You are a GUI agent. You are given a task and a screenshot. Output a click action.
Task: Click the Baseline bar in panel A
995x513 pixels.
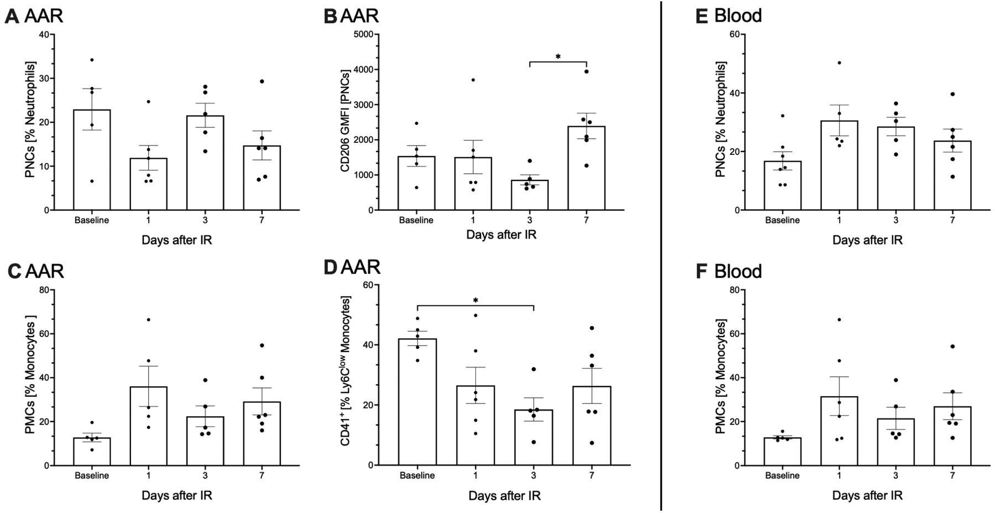tap(92, 160)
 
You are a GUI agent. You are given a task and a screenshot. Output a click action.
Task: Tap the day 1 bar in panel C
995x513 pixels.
tap(148, 426)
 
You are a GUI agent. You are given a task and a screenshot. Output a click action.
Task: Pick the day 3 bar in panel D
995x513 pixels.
tap(533, 437)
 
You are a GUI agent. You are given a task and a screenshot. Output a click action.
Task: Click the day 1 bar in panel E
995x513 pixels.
tap(839, 166)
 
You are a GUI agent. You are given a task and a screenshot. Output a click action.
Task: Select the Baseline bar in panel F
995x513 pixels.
tap(782, 452)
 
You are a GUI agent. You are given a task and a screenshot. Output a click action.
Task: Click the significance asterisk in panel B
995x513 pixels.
tap(558, 56)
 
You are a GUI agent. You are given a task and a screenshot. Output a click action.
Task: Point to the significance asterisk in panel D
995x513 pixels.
tap(475, 300)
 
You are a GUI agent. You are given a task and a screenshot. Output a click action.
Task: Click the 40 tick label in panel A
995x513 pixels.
tap(43, 34)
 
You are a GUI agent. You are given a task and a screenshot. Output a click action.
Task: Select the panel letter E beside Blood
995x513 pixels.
tap(701, 16)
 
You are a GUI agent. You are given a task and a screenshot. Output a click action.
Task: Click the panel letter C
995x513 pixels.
tap(14, 271)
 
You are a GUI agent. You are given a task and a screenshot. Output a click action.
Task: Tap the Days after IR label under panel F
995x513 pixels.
tap(867, 495)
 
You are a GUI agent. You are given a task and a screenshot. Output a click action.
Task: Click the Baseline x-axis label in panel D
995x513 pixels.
tap(417, 475)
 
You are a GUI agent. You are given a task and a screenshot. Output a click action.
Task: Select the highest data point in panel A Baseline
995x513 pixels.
tap(92, 60)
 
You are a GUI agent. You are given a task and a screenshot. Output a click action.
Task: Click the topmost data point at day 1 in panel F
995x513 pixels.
tap(839, 319)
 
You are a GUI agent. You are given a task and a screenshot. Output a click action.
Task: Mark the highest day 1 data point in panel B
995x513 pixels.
tap(473, 80)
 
